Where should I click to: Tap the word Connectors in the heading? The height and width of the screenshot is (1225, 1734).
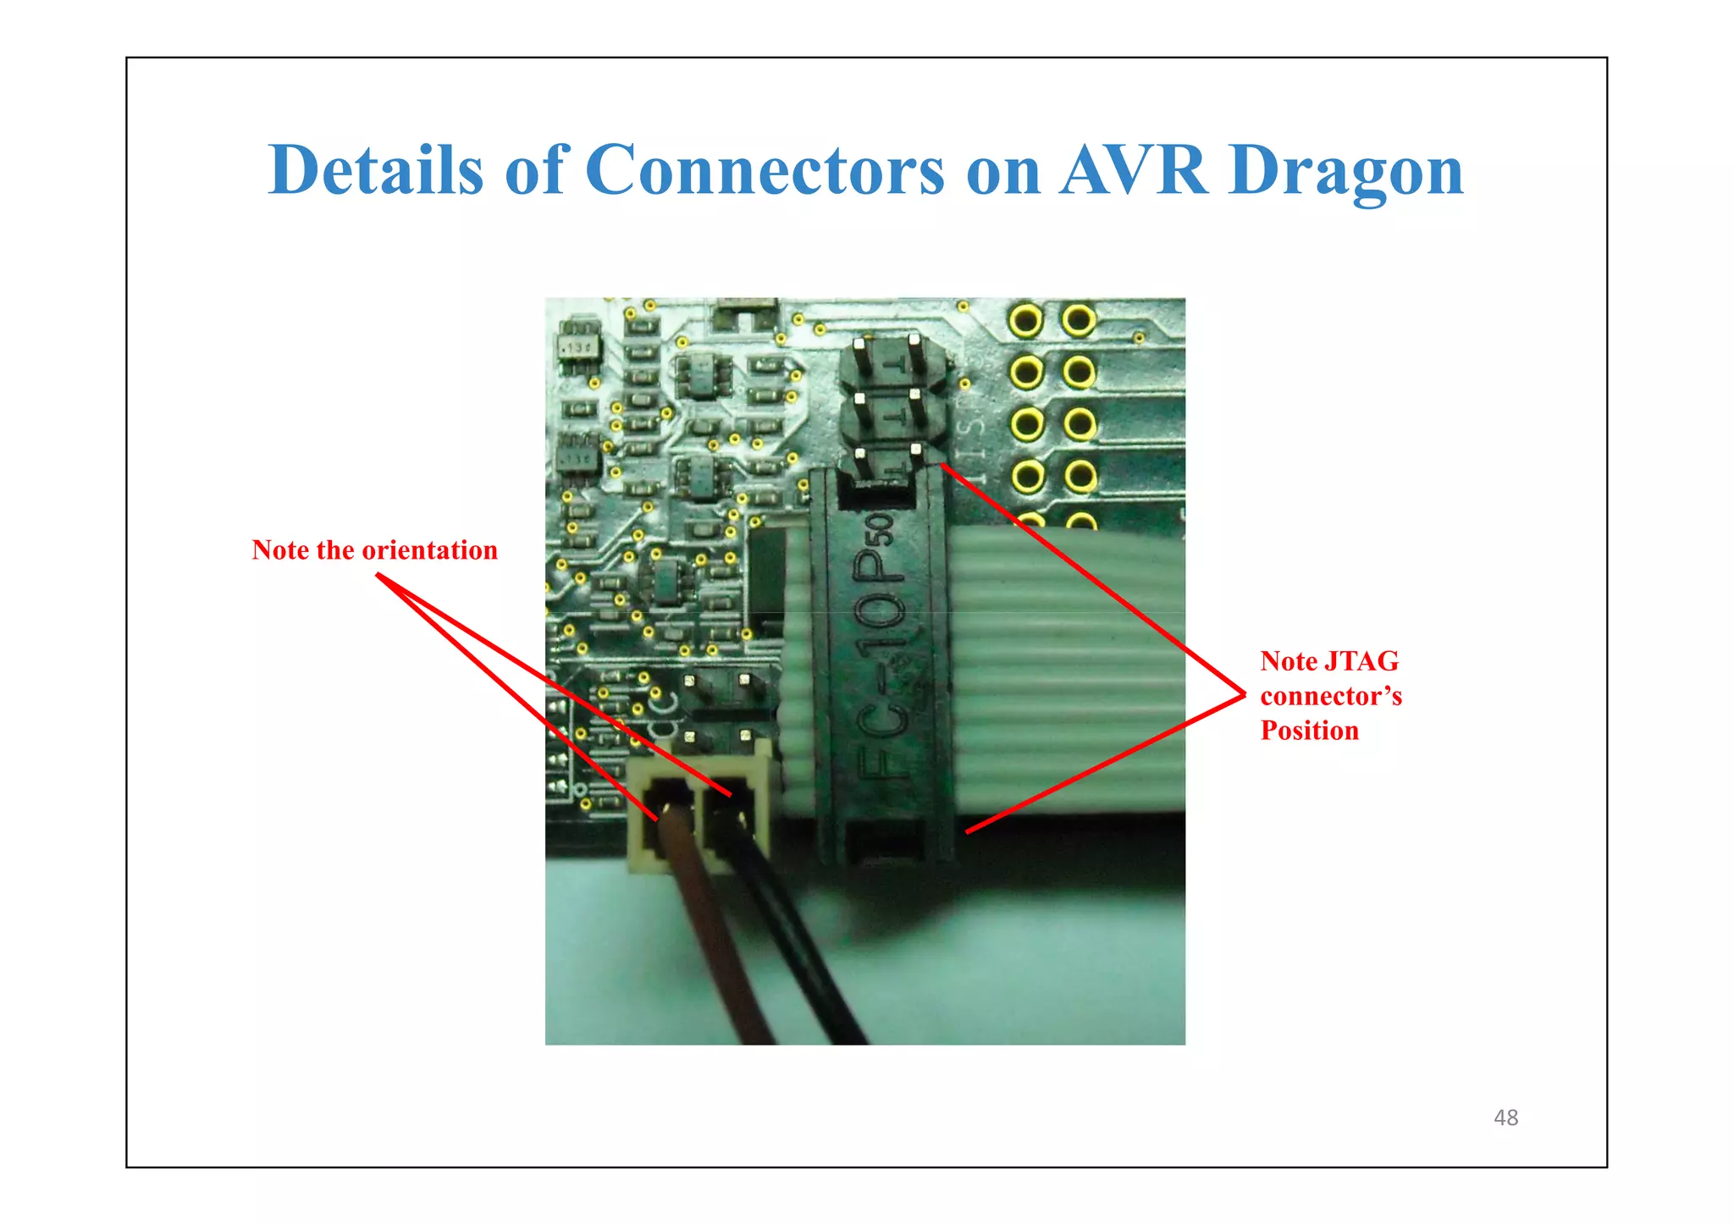pos(764,170)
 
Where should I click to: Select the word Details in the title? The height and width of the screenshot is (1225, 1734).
pos(375,170)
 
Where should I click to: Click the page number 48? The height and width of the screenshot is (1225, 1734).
pos(1505,1117)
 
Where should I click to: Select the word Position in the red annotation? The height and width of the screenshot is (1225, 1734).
pos(1309,731)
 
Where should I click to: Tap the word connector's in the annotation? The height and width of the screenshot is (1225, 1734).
pos(1330,696)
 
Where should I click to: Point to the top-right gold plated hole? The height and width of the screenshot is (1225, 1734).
pos(1078,321)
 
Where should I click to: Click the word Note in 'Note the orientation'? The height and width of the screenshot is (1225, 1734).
pos(279,550)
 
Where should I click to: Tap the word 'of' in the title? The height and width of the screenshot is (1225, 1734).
pos(534,170)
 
